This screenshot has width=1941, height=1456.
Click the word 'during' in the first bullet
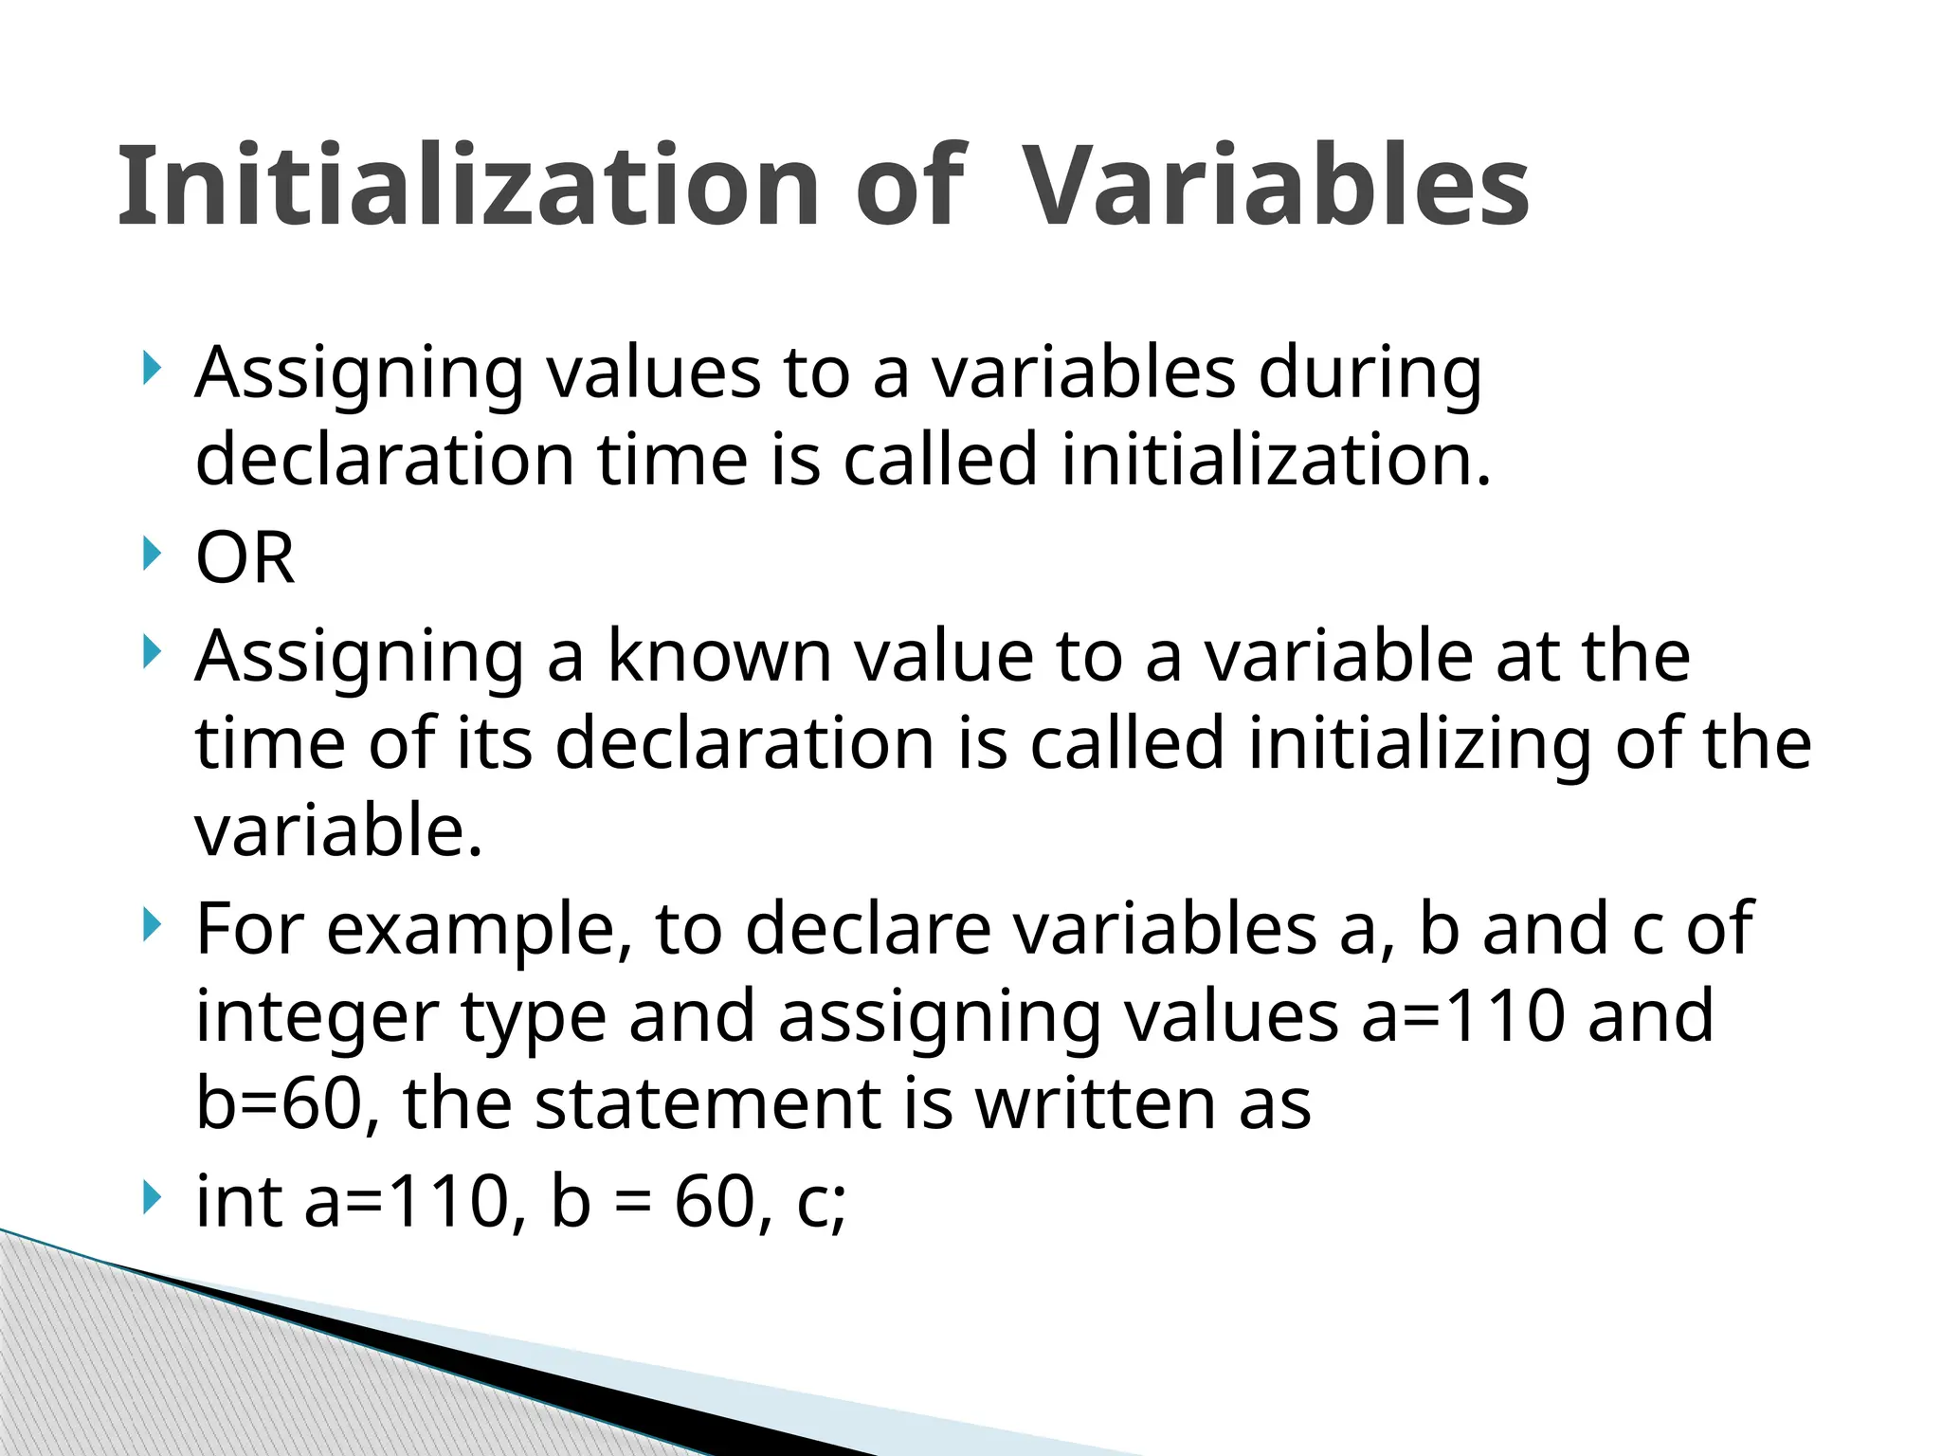coord(1370,373)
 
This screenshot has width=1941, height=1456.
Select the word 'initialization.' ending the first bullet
coord(1276,460)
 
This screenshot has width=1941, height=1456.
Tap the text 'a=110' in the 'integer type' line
coord(1462,1016)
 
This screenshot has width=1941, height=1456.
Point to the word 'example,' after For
coord(480,929)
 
